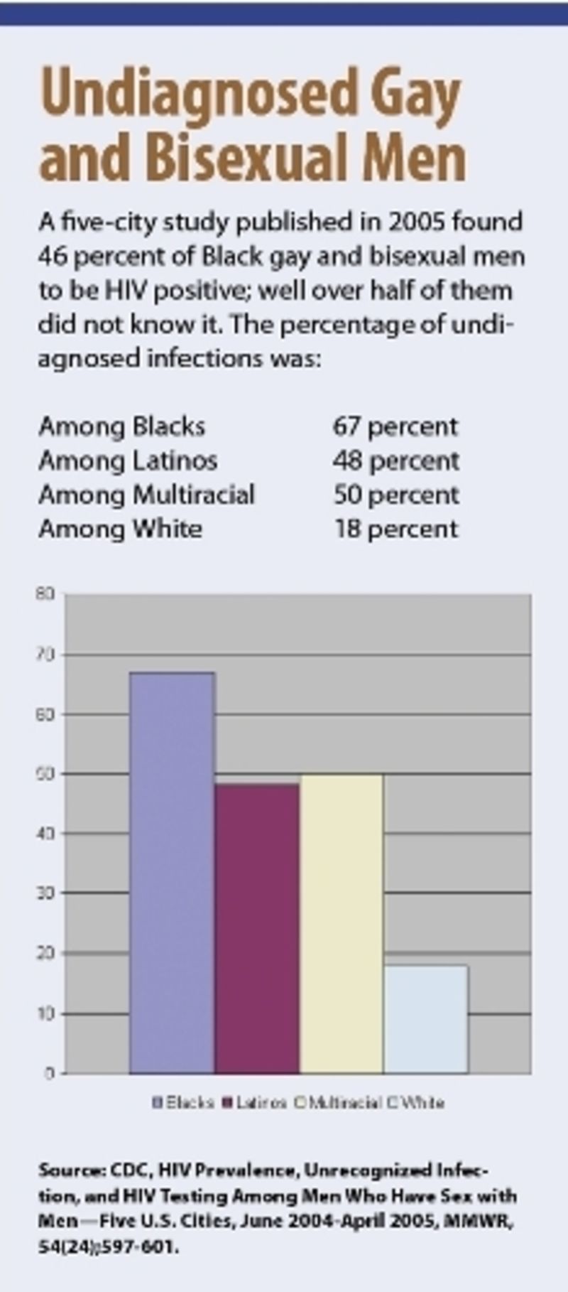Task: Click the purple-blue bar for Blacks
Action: coord(172,872)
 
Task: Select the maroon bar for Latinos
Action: coord(257,928)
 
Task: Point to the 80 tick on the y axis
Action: coord(45,593)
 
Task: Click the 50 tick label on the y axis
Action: coord(45,773)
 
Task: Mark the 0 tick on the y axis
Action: coord(49,1073)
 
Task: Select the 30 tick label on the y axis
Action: coord(45,893)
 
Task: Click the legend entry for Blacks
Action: coord(183,1103)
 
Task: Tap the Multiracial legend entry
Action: coord(339,1103)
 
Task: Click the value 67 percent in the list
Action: coord(395,426)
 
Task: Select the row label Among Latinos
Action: coord(128,461)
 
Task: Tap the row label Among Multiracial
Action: coord(146,495)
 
